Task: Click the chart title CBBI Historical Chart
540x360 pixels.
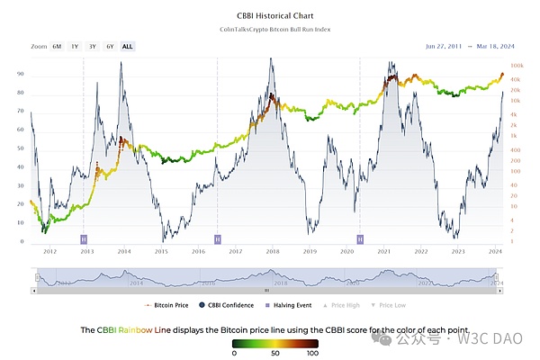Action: pyautogui.click(x=269, y=15)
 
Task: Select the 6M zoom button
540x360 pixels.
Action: pyautogui.click(x=58, y=45)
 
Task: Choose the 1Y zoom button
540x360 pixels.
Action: pyautogui.click(x=75, y=45)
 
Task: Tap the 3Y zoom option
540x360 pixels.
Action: pyautogui.click(x=92, y=45)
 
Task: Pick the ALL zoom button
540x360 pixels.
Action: pyautogui.click(x=127, y=45)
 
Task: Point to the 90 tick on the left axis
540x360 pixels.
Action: pyautogui.click(x=20, y=92)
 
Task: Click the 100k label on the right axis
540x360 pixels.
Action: pyautogui.click(x=518, y=66)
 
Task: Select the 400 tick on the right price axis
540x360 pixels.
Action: pyautogui.click(x=516, y=162)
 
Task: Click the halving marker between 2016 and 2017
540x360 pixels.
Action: pyautogui.click(x=218, y=238)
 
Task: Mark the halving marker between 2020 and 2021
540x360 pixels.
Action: pyautogui.click(x=360, y=238)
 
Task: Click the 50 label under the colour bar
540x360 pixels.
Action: pyautogui.click(x=273, y=353)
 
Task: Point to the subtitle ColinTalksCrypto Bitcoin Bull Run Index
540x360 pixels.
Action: pyautogui.click(x=269, y=30)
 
